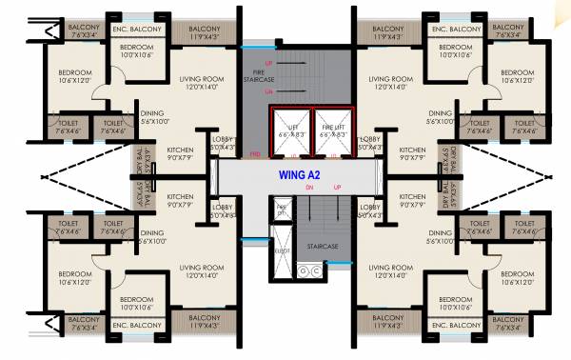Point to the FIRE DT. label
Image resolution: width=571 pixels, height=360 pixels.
coord(282,209)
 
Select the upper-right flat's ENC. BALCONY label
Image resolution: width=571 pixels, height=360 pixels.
coord(451,30)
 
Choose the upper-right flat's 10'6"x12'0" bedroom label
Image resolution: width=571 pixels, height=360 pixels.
coord(518,77)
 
